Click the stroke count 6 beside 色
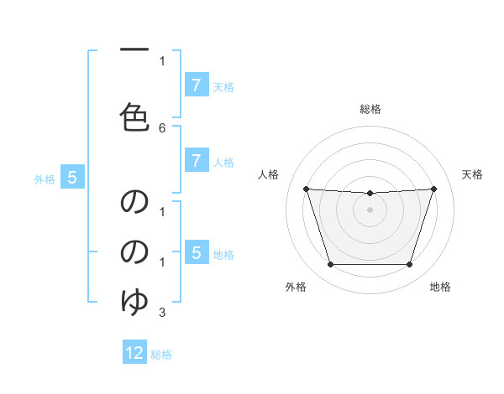[162, 127]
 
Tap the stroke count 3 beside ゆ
[162, 313]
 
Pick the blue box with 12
[134, 353]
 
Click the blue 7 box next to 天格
[196, 86]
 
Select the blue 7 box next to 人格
[196, 160]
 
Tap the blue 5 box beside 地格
[196, 252]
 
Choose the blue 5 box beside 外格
[72, 178]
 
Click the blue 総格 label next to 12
[161, 355]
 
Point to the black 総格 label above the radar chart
[370, 109]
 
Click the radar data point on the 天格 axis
[433, 189]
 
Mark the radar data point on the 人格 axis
[306, 189]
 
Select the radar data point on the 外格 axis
[330, 265]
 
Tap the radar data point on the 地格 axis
[409, 265]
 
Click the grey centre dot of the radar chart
[370, 210]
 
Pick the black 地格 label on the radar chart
[440, 287]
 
